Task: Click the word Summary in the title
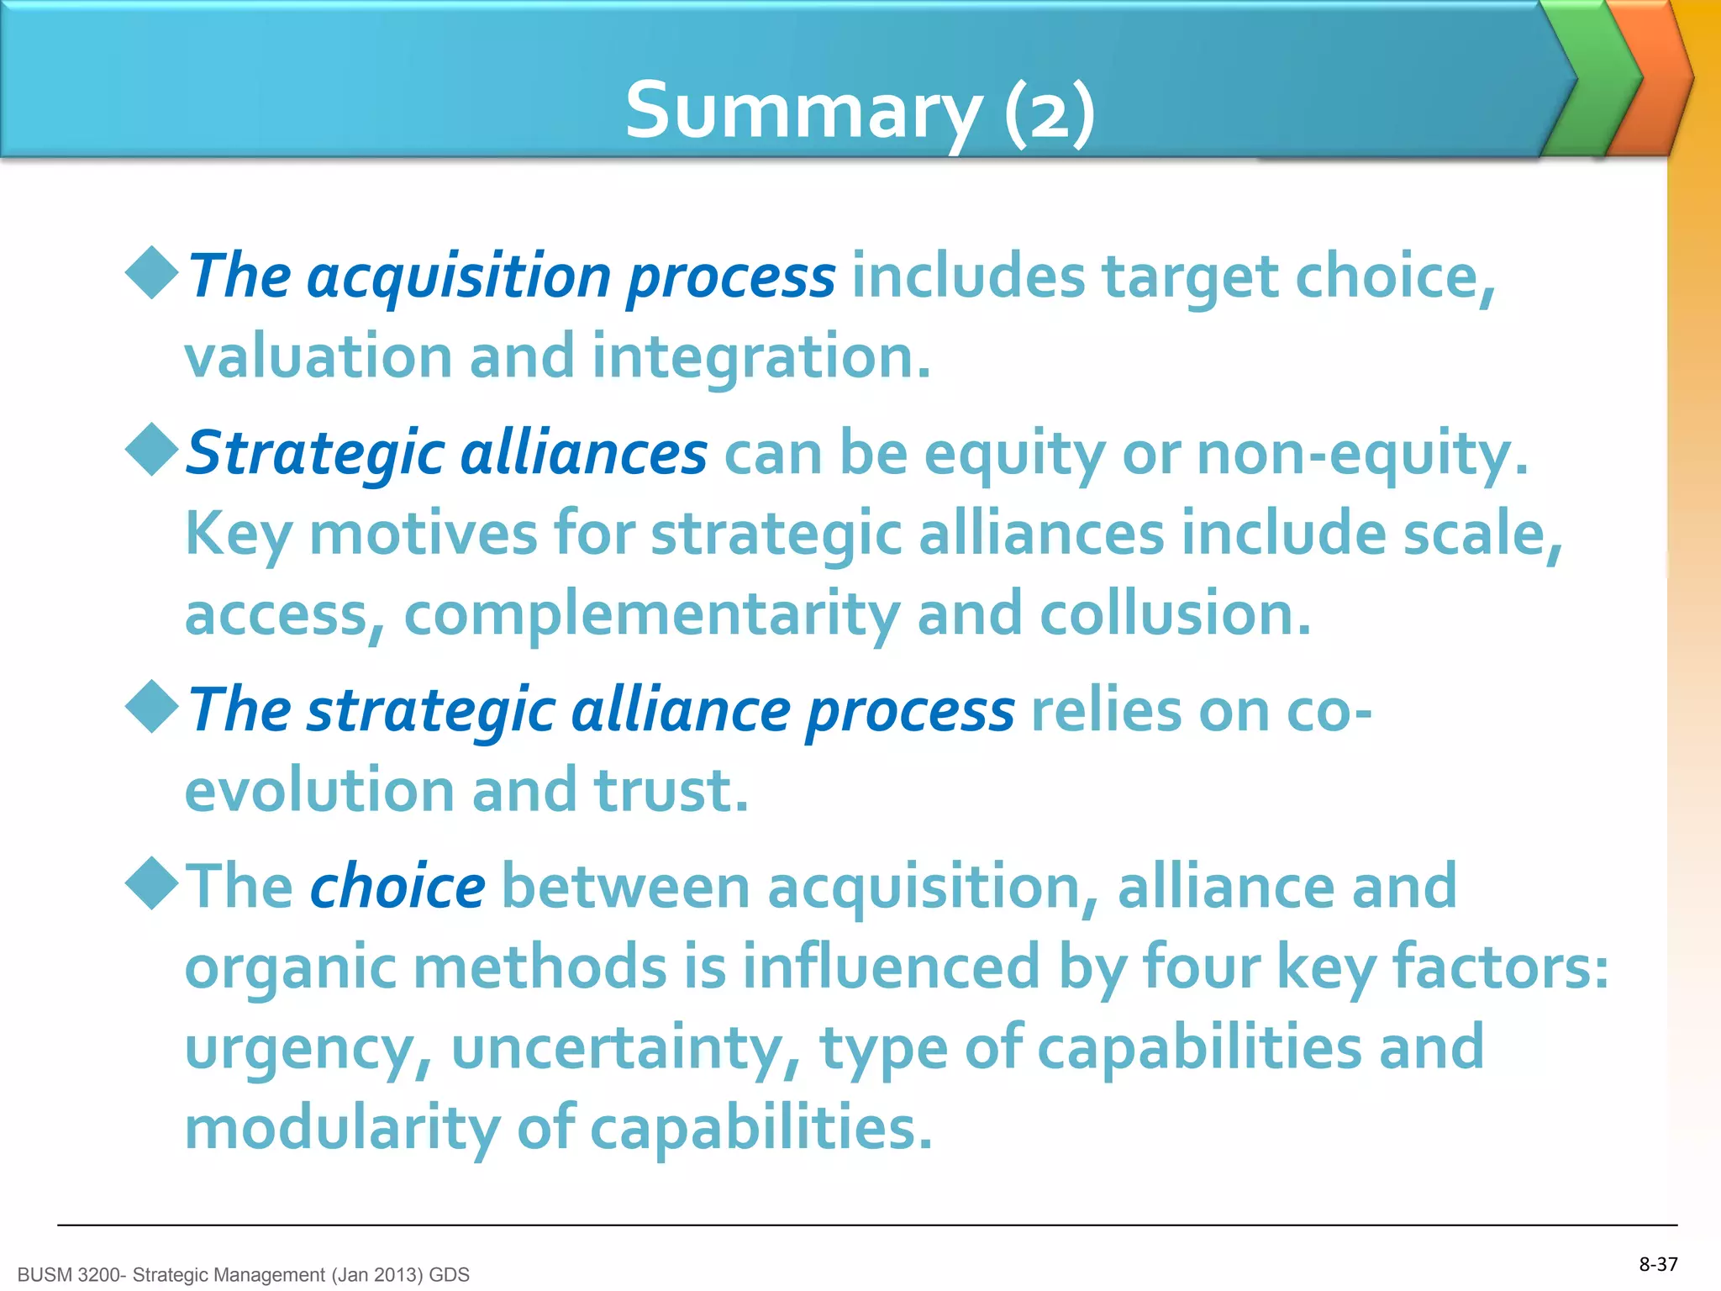coord(803,112)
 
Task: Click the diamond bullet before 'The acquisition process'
coord(151,272)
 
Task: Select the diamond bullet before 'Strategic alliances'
coord(151,450)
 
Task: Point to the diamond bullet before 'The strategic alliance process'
coord(151,707)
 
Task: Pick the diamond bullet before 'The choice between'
coord(151,883)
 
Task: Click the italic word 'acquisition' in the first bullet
coord(459,277)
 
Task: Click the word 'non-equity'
coord(1361,454)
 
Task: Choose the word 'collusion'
coord(1175,614)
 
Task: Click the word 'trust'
coord(671,791)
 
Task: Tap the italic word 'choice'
coord(397,887)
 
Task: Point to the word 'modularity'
coord(342,1128)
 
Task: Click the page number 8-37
coord(1658,1264)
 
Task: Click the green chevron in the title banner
coord(1591,80)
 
